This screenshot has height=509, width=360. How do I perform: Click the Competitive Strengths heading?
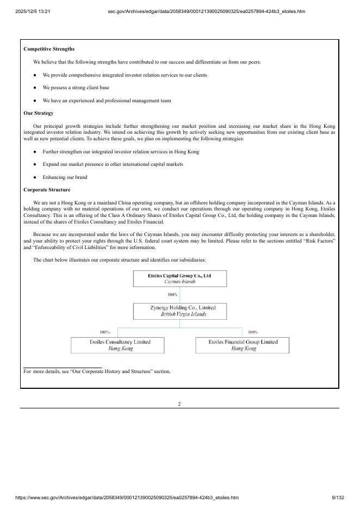49,49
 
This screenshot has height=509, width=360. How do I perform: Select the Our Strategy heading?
38,113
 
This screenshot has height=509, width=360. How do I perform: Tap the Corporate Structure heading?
47,190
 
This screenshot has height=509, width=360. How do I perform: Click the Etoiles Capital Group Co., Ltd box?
179,278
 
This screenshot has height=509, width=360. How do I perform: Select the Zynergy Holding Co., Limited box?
179,311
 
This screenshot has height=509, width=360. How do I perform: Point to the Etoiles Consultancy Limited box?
120,345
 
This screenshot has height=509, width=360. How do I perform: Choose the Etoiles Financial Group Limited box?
243,345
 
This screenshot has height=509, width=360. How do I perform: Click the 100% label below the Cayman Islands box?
172,294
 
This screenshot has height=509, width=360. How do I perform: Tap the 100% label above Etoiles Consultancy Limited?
104,332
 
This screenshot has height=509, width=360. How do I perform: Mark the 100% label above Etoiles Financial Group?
252,332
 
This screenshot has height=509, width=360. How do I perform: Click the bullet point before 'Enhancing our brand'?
35,177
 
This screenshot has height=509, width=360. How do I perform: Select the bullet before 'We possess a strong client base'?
35,88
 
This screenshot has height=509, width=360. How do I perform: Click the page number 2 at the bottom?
179,404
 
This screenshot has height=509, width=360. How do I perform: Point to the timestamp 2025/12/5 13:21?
33,11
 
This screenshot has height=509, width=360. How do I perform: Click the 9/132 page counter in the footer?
338,498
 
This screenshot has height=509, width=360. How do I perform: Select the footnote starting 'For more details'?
97,371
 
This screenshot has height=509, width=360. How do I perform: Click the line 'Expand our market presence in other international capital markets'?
113,164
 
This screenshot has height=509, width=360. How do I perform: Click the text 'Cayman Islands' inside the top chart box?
179,282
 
